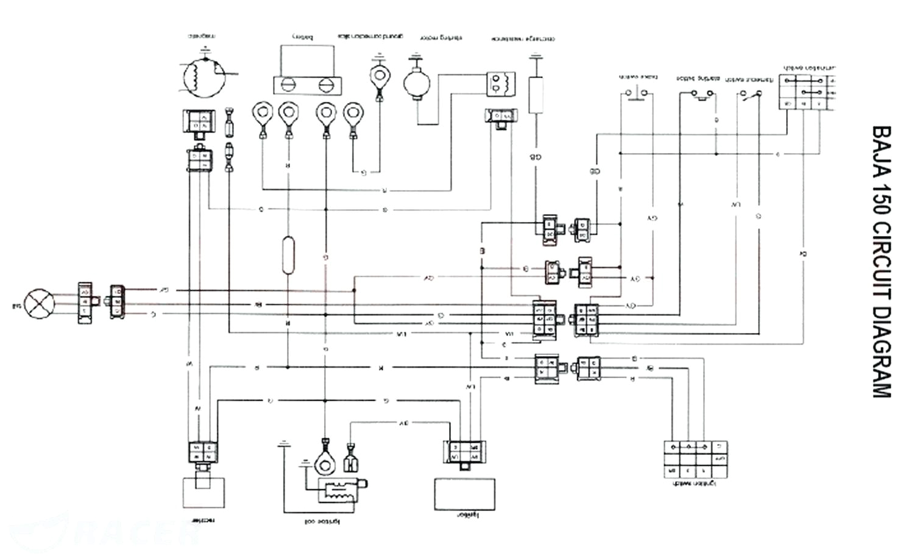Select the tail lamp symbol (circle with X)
40,302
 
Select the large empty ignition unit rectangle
464,493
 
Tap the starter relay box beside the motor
500,84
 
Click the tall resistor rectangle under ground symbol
536,95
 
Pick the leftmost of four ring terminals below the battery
263,113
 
